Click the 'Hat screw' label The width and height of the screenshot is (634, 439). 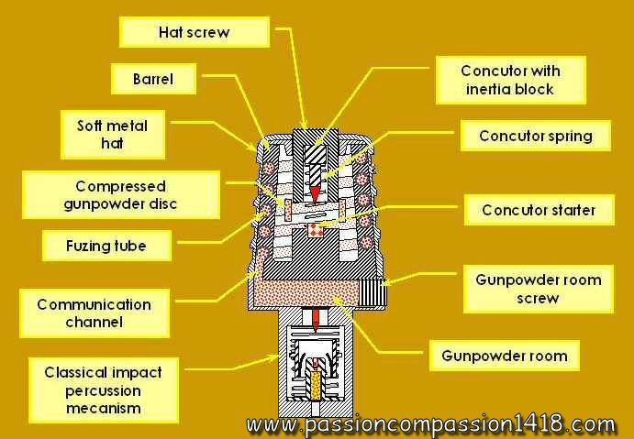pos(195,33)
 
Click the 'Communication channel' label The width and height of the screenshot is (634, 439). pos(95,313)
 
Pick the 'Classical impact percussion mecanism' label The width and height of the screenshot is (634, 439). pos(104,390)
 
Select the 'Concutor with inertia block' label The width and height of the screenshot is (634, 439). pos(510,80)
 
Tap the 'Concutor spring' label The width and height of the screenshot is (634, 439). pos(536,137)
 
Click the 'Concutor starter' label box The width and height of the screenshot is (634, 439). pos(539,210)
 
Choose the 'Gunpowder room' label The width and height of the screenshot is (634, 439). pos(504,356)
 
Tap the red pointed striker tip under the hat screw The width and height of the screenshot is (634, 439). pos(313,192)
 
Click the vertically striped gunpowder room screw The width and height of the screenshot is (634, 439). pos(376,292)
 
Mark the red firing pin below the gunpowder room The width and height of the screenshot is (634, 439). pos(315,320)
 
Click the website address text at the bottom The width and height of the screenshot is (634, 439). pos(430,425)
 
